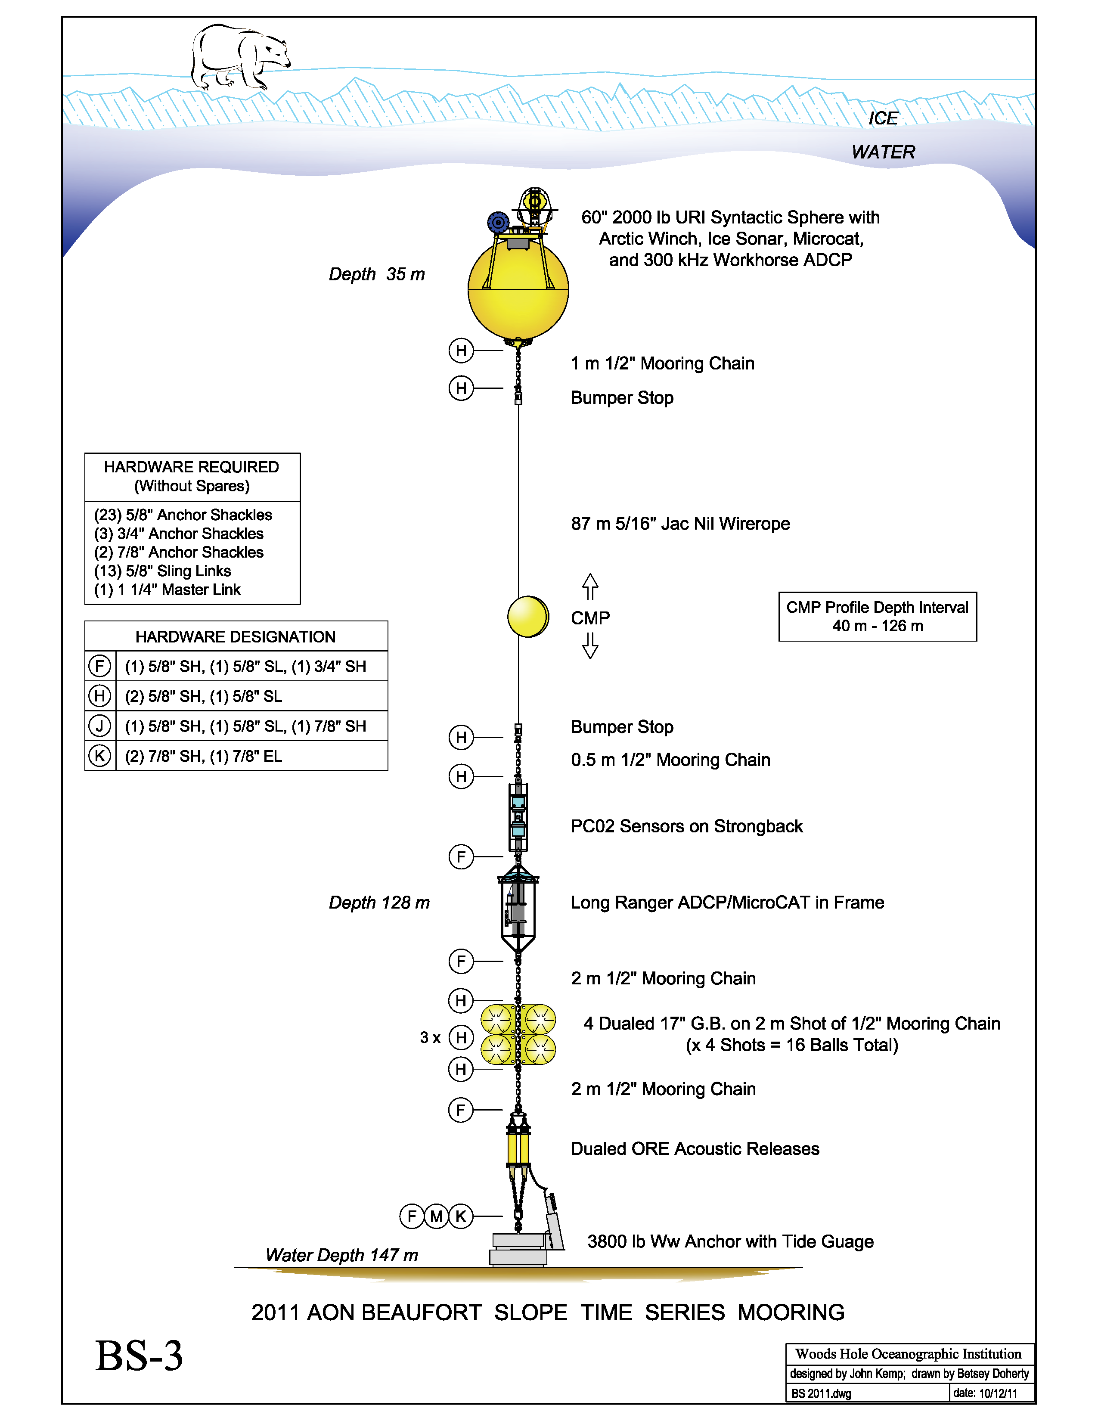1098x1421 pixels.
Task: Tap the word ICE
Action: click(883, 118)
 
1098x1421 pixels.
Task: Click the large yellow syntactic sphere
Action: click(518, 290)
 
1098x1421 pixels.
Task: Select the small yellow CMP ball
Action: click(527, 616)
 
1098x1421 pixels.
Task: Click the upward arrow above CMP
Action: click(590, 586)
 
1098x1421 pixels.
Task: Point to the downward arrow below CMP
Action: click(590, 645)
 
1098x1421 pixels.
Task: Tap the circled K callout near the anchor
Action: click(461, 1216)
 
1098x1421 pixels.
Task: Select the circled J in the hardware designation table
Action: click(99, 726)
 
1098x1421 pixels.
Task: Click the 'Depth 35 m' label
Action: click(377, 275)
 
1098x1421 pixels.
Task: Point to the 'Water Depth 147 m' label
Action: click(341, 1255)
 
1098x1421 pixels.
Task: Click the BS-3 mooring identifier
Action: click(139, 1356)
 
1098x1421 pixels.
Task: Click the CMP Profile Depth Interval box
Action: click(878, 616)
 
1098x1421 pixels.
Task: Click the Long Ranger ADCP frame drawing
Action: click(518, 908)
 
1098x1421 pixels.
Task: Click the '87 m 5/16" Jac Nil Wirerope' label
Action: click(680, 524)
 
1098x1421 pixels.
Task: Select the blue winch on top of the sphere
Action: click(498, 223)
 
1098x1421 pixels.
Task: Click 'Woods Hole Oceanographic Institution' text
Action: click(908, 1354)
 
